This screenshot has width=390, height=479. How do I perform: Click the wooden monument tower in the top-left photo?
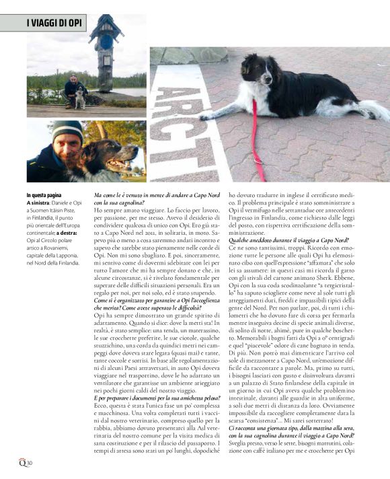[x=106, y=50]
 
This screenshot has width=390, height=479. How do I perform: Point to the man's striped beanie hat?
[x=67, y=130]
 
